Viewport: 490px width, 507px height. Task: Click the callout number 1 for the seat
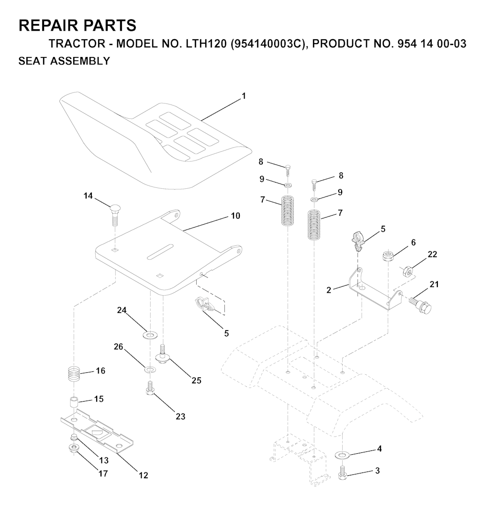pos(244,96)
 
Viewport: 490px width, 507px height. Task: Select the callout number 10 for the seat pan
pos(235,216)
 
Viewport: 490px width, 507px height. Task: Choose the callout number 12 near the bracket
pos(144,475)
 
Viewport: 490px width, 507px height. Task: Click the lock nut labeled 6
pos(388,256)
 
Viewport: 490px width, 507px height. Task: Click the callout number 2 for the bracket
pos(329,290)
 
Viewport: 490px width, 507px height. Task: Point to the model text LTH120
pos(206,44)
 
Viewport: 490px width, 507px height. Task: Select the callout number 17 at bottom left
pos(103,473)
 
